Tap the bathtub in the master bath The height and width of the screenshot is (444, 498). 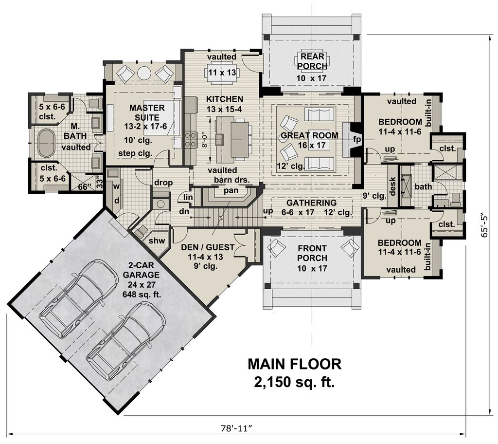[x=47, y=142]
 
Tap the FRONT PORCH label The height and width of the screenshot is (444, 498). [x=312, y=252]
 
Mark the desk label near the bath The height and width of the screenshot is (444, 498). [x=392, y=185]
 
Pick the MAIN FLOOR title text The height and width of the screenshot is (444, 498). [x=294, y=364]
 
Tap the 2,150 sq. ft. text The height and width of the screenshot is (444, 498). [x=294, y=383]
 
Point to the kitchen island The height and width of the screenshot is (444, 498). [x=237, y=139]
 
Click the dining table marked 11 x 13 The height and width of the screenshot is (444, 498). [x=221, y=73]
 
